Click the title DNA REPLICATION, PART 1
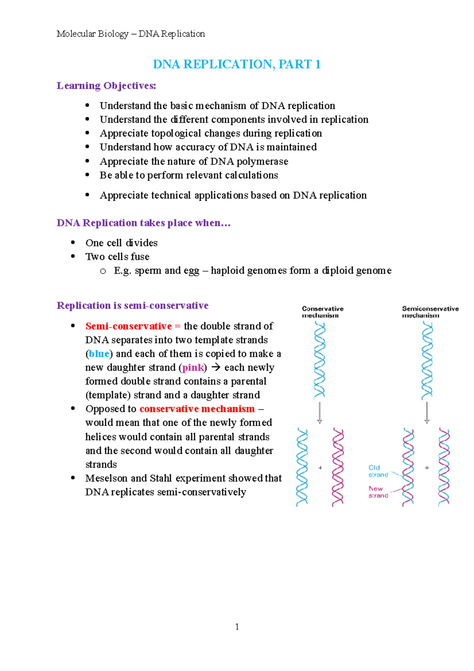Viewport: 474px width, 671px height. pyautogui.click(x=236, y=64)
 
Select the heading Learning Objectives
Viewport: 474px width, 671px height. pyautogui.click(x=106, y=86)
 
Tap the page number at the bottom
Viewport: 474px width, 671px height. pyautogui.click(x=237, y=627)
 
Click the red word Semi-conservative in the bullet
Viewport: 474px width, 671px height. pyautogui.click(x=128, y=326)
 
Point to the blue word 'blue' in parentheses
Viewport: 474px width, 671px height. pyautogui.click(x=99, y=354)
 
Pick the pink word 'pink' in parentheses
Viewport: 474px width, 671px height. pyautogui.click(x=193, y=368)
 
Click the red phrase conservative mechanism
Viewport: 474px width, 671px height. pyautogui.click(x=197, y=409)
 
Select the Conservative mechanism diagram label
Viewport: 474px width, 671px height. pyautogui.click(x=322, y=312)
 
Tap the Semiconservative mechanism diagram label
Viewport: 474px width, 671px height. pyautogui.click(x=430, y=312)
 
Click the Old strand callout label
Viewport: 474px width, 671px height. pyautogui.click(x=378, y=471)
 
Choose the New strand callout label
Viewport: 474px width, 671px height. pyautogui.click(x=378, y=492)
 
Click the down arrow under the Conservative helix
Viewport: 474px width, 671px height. pyautogui.click(x=320, y=413)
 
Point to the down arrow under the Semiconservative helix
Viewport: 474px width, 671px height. pyautogui.click(x=427, y=413)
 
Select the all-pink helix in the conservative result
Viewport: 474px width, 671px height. pyautogui.click(x=338, y=467)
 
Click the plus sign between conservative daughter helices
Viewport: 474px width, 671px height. pyautogui.click(x=320, y=467)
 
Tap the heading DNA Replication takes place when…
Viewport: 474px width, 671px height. pyautogui.click(x=143, y=223)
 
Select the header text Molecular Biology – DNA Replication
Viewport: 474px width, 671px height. pyautogui.click(x=130, y=34)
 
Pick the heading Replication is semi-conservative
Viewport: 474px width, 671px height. pyautogui.click(x=132, y=305)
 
